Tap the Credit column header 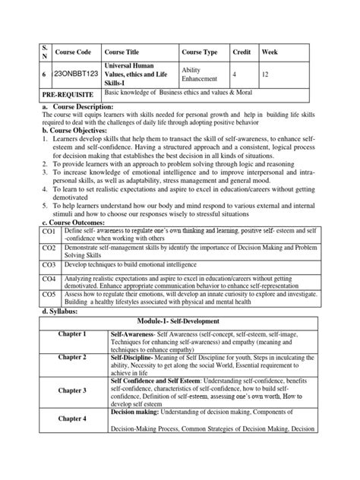[x=241, y=52]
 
